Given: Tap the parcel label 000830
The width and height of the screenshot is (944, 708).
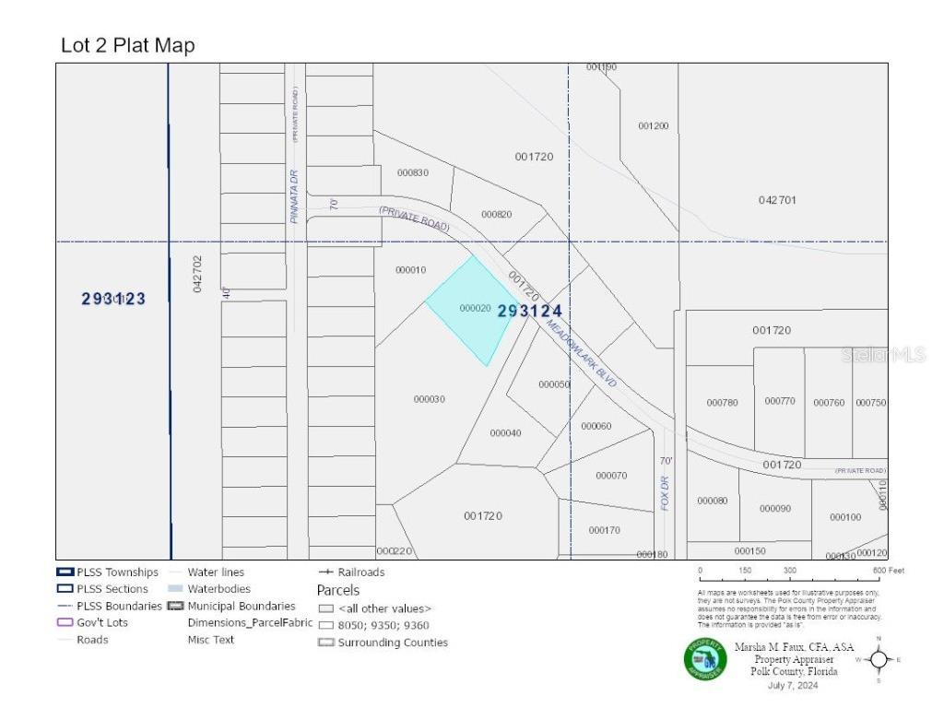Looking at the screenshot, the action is tap(412, 172).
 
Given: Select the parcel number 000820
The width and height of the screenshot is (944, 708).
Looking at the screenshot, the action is tap(496, 214).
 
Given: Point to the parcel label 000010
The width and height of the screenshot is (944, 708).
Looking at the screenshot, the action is tap(410, 270).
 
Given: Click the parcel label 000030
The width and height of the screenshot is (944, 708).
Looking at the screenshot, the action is tap(430, 399).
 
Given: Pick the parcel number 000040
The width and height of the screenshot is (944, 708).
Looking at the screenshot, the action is tap(505, 433).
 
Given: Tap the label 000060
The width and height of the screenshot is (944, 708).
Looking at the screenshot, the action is tap(596, 426).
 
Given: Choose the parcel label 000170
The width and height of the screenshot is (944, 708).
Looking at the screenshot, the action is tap(604, 530).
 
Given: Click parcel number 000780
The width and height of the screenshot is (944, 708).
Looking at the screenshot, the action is tap(722, 402).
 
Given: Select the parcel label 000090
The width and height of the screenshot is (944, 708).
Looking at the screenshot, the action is tap(774, 508).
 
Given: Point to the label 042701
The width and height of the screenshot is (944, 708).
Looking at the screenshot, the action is tap(777, 200).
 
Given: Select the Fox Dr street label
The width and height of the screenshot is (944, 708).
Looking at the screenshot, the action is tap(664, 492).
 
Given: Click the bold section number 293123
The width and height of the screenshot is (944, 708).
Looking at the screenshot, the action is tap(113, 299).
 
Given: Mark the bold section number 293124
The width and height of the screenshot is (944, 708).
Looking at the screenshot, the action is tap(529, 312).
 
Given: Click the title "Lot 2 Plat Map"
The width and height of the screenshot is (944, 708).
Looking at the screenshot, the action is tap(127, 45).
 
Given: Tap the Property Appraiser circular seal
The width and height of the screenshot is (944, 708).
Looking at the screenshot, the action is tap(705, 659).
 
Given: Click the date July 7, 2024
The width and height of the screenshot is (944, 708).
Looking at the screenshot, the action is tap(792, 685).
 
